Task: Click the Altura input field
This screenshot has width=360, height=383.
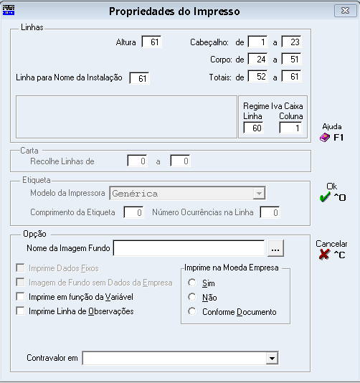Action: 151,42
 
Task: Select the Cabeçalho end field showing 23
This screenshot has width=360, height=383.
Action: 291,42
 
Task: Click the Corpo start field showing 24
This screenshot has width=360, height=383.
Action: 257,59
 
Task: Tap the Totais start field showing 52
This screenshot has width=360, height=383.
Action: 257,77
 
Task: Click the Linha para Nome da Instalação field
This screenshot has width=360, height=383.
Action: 139,78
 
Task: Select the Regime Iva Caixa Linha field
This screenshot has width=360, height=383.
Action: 254,128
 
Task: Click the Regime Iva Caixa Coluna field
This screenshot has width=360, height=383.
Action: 291,128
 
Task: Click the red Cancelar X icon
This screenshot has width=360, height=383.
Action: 324,255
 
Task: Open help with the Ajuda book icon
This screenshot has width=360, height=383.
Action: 325,137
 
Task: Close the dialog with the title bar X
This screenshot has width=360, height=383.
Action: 346,11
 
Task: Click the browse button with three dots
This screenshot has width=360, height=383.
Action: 275,248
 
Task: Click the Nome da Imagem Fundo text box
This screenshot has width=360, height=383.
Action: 189,248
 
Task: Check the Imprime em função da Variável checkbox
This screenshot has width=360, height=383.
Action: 21,296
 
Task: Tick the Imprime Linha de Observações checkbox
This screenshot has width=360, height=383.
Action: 21,311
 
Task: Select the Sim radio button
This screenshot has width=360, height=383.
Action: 192,283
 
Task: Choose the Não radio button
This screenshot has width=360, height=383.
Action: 192,297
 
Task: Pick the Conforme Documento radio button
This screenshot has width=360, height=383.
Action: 192,311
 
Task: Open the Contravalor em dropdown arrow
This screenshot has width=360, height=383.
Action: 272,358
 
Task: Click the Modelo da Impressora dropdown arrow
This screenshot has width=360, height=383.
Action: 259,194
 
